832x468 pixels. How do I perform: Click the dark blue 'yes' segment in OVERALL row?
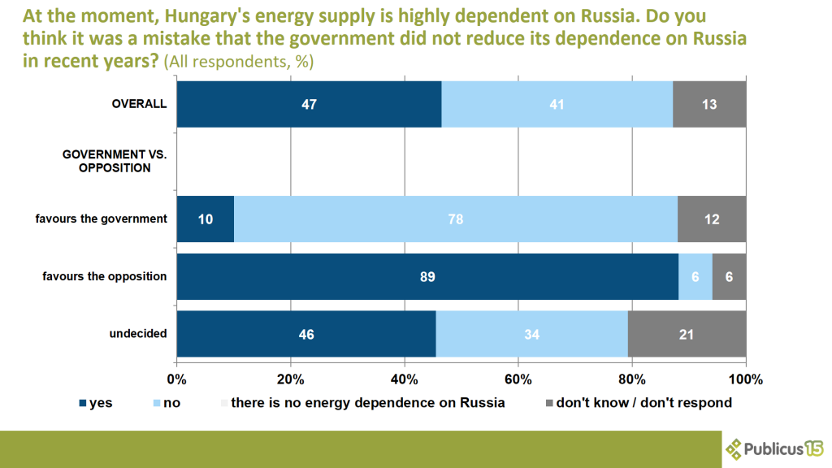(x=309, y=104)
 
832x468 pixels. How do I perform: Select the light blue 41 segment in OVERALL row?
(x=557, y=104)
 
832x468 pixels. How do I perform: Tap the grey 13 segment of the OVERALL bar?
(x=709, y=104)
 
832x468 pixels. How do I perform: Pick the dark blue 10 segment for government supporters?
(x=206, y=219)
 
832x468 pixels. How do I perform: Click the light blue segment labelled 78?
(x=455, y=219)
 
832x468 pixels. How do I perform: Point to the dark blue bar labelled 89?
(x=427, y=276)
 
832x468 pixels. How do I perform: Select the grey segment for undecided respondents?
(x=687, y=333)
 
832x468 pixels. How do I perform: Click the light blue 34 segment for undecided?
(x=531, y=333)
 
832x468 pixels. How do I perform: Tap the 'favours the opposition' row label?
(x=105, y=276)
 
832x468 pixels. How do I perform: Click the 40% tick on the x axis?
(x=405, y=379)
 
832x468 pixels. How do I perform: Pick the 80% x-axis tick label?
(x=632, y=379)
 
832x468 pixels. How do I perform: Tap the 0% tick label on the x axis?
(x=177, y=379)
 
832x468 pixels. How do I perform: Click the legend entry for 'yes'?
(x=95, y=402)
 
